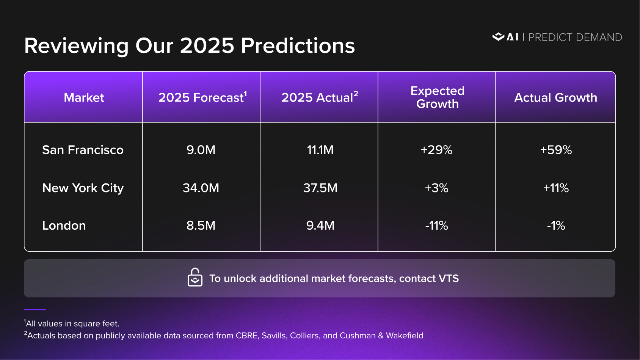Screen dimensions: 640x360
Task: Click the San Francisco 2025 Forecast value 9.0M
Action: click(201, 150)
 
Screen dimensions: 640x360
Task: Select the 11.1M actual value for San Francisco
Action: click(320, 150)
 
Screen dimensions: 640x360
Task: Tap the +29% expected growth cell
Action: click(436, 150)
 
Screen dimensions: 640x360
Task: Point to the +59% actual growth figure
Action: click(556, 150)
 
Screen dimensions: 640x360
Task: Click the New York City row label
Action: click(83, 188)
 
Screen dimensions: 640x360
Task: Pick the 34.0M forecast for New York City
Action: click(201, 188)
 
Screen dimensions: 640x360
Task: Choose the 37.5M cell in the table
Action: click(320, 188)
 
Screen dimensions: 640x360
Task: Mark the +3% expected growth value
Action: click(436, 188)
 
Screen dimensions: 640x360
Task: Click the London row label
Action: click(64, 225)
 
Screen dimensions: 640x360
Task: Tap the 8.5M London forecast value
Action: click(201, 225)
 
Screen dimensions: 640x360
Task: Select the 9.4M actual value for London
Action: click(320, 225)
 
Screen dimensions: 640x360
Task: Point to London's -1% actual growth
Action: click(556, 225)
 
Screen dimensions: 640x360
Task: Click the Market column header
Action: click(84, 98)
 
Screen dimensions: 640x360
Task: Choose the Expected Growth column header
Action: click(438, 97)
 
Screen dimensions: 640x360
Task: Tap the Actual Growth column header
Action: click(556, 98)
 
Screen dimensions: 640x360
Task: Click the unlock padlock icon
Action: click(195, 277)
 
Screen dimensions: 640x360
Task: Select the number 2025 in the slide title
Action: click(207, 46)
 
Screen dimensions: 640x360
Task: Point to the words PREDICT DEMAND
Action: click(575, 38)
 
